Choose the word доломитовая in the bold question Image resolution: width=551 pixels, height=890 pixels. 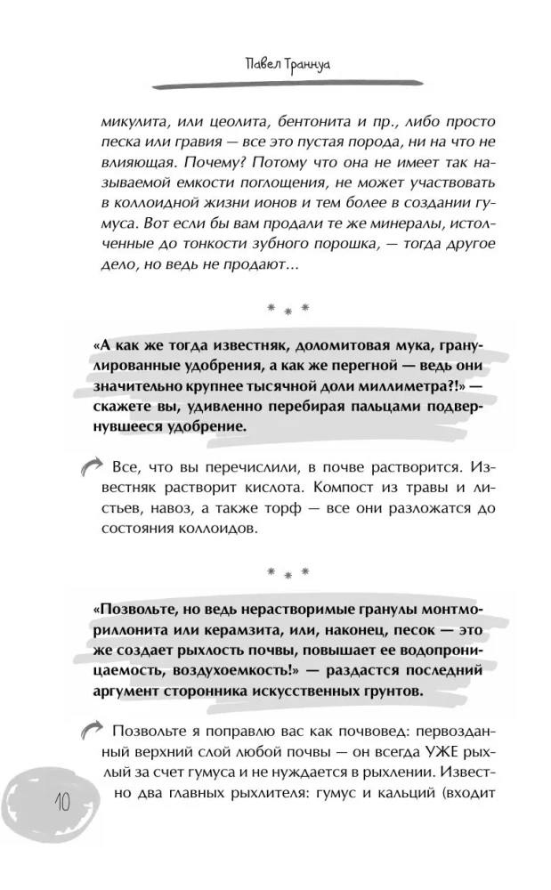point(301,348)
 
